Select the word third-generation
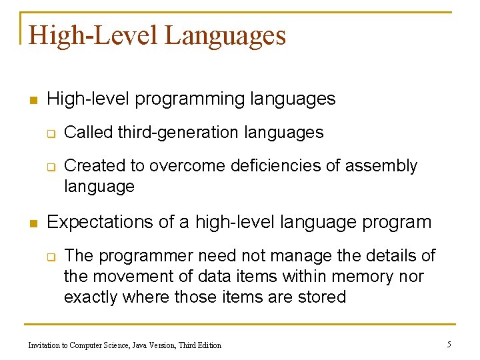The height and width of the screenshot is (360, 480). pyautogui.click(x=179, y=133)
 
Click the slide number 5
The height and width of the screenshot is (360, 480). pyautogui.click(x=449, y=344)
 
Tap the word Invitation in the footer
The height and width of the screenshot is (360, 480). pyautogui.click(x=46, y=345)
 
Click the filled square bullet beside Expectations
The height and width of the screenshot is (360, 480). pyautogui.click(x=31, y=223)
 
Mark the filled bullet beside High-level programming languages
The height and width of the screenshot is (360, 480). pyautogui.click(x=31, y=101)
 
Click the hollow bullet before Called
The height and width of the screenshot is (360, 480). pyautogui.click(x=50, y=134)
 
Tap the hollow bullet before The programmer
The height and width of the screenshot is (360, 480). pyautogui.click(x=50, y=257)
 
